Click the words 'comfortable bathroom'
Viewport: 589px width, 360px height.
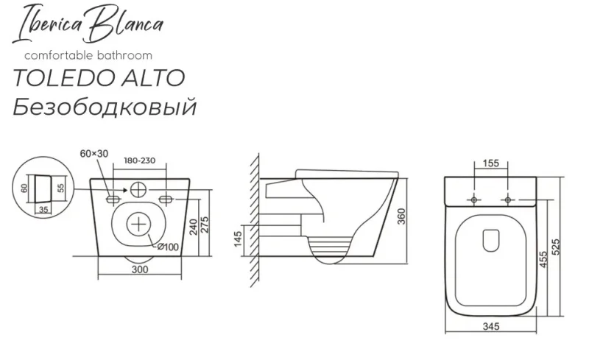[x=88, y=56]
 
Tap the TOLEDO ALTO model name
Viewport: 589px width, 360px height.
[x=99, y=78]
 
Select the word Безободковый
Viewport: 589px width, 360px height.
[x=105, y=107]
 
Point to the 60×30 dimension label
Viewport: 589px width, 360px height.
[x=94, y=153]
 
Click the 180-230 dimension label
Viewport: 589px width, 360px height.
[x=139, y=160]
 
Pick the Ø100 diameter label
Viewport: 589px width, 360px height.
[x=168, y=247]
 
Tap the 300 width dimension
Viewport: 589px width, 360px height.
[x=140, y=269]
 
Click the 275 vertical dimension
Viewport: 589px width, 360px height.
[x=205, y=225]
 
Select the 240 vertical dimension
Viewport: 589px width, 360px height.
[x=193, y=227]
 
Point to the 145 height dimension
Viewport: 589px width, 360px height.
[x=238, y=239]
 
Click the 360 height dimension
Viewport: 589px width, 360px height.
[x=401, y=216]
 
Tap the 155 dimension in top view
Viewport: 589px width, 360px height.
[x=490, y=163]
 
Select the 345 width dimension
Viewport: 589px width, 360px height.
[x=490, y=327]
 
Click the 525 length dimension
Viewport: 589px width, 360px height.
[x=557, y=247]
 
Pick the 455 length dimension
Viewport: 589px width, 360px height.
[x=543, y=260]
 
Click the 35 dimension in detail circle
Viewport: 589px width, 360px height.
[x=43, y=210]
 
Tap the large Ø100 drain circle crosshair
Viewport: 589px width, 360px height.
[x=138, y=225]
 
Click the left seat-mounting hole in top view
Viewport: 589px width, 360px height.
[x=474, y=200]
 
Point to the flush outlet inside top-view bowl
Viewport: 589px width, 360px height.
[x=490, y=240]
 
